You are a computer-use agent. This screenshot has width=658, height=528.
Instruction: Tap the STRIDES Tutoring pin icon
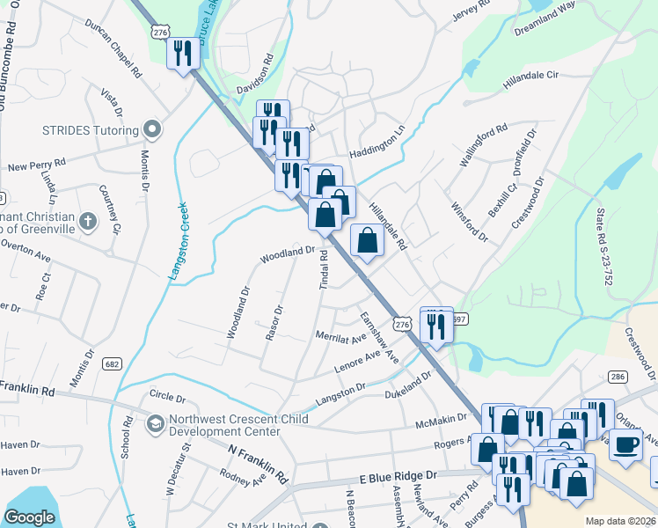point(152,130)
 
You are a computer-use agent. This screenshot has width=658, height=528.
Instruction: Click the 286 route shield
point(618,377)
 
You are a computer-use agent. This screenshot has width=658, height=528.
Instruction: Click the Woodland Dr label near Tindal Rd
point(287,254)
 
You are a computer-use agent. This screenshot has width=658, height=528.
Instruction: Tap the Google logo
point(29,517)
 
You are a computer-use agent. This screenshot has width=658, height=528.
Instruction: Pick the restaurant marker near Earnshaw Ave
point(436,324)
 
